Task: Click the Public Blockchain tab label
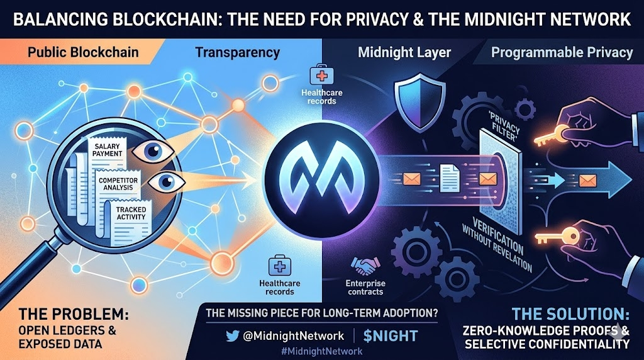click(82, 52)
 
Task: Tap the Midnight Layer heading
click(404, 52)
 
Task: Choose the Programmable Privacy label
click(562, 52)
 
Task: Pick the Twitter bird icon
click(233, 335)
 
